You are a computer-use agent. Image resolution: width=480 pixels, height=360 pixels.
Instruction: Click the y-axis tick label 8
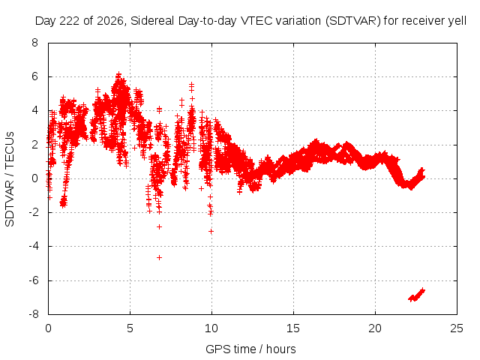pyautogui.click(x=34, y=43)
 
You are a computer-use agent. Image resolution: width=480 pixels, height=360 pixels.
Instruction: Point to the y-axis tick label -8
pyautogui.click(x=34, y=314)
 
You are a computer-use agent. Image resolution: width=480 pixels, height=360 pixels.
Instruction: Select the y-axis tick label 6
pyautogui.click(x=34, y=76)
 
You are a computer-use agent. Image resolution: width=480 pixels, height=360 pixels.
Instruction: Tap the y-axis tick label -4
pyautogui.click(x=34, y=246)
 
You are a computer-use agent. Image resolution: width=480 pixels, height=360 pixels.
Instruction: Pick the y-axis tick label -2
pyautogui.click(x=34, y=212)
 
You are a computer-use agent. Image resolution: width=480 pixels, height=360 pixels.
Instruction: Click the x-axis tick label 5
pyautogui.click(x=130, y=328)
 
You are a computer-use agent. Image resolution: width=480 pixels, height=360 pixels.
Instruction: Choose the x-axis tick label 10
pyautogui.click(x=211, y=328)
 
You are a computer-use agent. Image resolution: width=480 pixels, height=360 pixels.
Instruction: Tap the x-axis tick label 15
pyautogui.click(x=293, y=328)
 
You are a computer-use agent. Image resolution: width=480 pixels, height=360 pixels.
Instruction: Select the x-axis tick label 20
pyautogui.click(x=375, y=328)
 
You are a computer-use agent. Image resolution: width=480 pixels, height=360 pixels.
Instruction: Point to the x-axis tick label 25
pyautogui.click(x=457, y=328)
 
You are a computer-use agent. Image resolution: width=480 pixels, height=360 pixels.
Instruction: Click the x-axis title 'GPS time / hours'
pyautogui.click(x=250, y=349)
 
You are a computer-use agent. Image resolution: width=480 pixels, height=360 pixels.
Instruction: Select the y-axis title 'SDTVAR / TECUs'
pyautogui.click(x=10, y=179)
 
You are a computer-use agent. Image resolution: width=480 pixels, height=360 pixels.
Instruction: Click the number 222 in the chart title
pyautogui.click(x=69, y=21)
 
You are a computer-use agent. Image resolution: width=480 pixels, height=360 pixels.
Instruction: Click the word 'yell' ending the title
pyautogui.click(x=457, y=21)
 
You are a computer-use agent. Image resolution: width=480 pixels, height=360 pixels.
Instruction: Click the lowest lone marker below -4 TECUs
pyautogui.click(x=159, y=258)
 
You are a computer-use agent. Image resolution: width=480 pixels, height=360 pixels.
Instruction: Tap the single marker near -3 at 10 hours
pyautogui.click(x=211, y=232)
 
